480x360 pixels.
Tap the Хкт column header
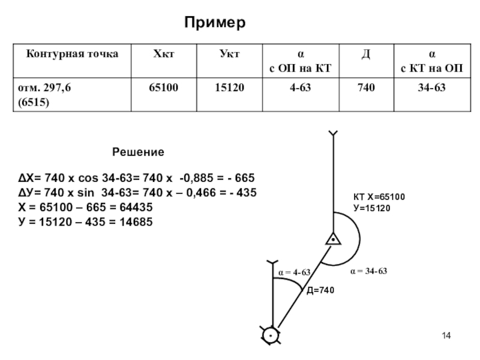click(163, 54)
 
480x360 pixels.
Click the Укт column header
click(229, 54)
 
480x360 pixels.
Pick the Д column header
click(364, 54)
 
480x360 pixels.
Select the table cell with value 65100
click(163, 88)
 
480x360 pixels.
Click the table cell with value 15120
click(230, 88)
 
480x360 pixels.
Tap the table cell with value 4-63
click(297, 88)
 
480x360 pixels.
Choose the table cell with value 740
click(365, 88)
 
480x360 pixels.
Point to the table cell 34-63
click(431, 88)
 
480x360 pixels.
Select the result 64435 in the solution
click(133, 208)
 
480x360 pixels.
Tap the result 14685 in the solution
click(133, 222)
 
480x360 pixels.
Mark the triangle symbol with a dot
click(332, 239)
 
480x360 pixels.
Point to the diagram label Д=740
click(319, 290)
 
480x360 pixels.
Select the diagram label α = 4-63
click(294, 272)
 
